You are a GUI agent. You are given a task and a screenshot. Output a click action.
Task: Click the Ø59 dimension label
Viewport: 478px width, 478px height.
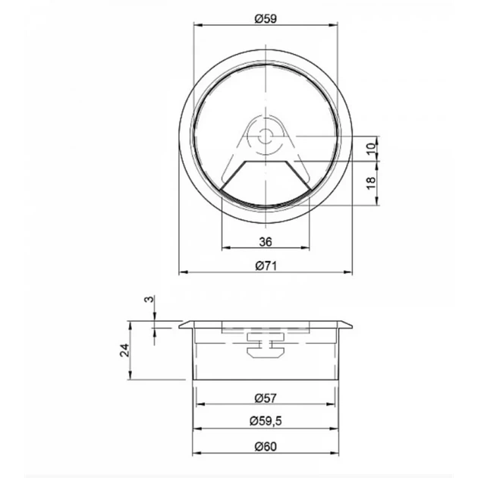[266, 19]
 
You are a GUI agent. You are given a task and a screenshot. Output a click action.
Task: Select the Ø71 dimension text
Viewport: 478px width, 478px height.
[266, 266]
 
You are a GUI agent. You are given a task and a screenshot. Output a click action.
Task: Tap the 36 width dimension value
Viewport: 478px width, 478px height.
[266, 242]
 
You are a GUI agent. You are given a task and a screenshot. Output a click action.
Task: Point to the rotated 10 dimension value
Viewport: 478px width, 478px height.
[371, 149]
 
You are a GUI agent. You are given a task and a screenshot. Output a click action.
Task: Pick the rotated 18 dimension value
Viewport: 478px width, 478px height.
[371, 183]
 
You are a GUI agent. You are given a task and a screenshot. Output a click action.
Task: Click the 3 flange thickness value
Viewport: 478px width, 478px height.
[149, 300]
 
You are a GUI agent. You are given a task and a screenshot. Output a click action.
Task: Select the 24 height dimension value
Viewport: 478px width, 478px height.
[124, 351]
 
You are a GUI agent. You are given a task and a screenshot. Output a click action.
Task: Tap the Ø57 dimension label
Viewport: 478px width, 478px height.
[266, 398]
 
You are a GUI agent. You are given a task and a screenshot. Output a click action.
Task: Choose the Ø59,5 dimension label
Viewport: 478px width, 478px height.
[266, 421]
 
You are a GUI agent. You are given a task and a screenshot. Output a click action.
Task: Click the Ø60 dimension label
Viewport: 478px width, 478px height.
[266, 447]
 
